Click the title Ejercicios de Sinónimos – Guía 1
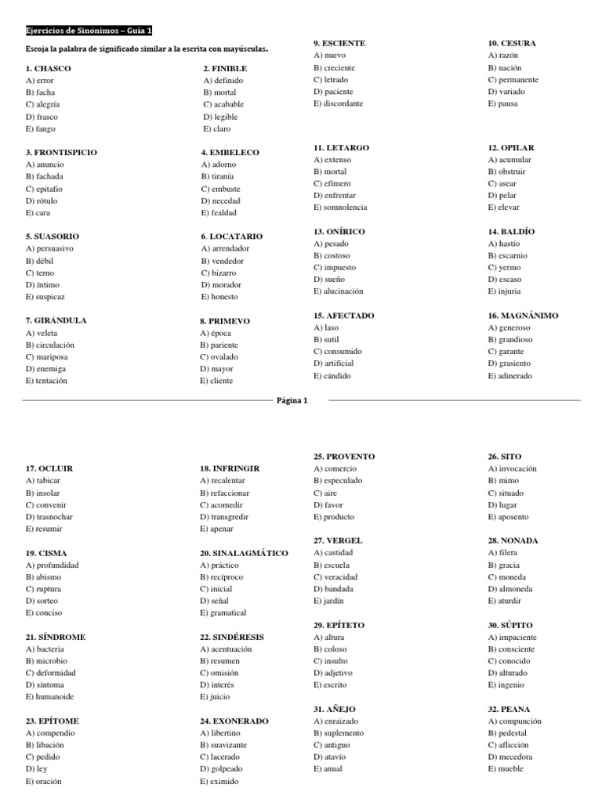coord(89,31)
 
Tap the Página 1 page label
coord(292,400)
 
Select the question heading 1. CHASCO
coord(48,68)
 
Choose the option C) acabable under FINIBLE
coord(223,104)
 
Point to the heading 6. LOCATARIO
coord(231,237)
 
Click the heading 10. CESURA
coord(512,44)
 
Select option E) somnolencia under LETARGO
coord(340,208)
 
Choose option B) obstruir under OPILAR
coord(506,172)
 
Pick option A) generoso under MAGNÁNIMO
coord(509,327)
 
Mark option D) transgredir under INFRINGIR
coord(227,517)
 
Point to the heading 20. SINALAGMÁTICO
coord(244,553)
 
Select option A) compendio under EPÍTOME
coord(52,733)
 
